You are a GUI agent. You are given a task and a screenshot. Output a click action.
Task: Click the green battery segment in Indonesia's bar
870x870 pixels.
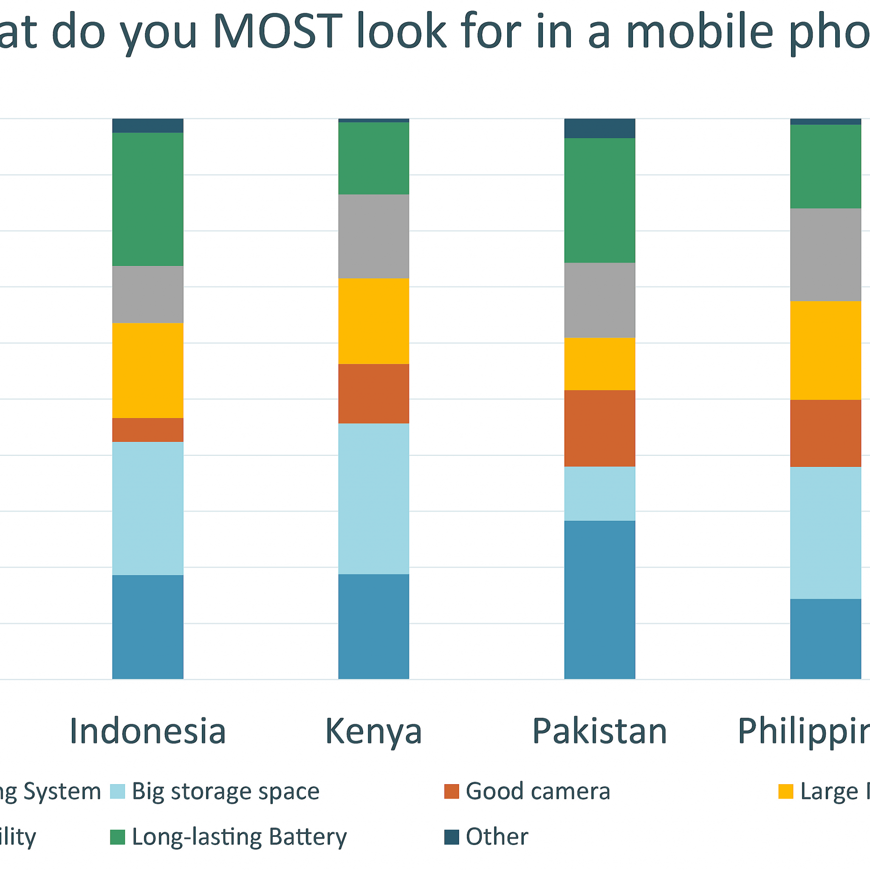(x=148, y=199)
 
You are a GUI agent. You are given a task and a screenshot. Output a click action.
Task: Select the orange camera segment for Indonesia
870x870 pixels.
(x=148, y=429)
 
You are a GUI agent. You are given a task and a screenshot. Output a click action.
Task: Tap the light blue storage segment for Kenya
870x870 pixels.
(x=374, y=498)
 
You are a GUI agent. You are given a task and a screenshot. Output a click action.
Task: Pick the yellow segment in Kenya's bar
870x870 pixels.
(x=374, y=321)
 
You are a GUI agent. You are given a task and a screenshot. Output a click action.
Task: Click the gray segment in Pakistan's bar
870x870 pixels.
(x=600, y=300)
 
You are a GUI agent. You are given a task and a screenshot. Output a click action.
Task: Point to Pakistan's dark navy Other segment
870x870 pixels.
(x=600, y=128)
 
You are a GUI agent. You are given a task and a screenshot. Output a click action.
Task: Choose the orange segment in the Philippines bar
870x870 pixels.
(x=825, y=433)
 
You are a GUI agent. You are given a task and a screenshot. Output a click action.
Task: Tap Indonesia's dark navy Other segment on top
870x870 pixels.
(x=148, y=126)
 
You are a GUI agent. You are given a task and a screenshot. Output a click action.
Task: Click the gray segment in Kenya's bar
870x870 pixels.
(x=374, y=237)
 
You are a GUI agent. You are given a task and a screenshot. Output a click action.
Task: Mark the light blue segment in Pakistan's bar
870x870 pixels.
(x=600, y=494)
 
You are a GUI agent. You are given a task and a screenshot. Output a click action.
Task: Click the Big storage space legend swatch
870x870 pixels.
(x=118, y=791)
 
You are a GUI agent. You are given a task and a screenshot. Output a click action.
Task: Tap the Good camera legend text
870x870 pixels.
(x=538, y=791)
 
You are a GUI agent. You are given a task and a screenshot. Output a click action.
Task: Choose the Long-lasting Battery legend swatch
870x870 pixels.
(x=118, y=837)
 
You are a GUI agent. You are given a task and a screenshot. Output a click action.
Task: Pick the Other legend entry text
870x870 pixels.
(x=497, y=837)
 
